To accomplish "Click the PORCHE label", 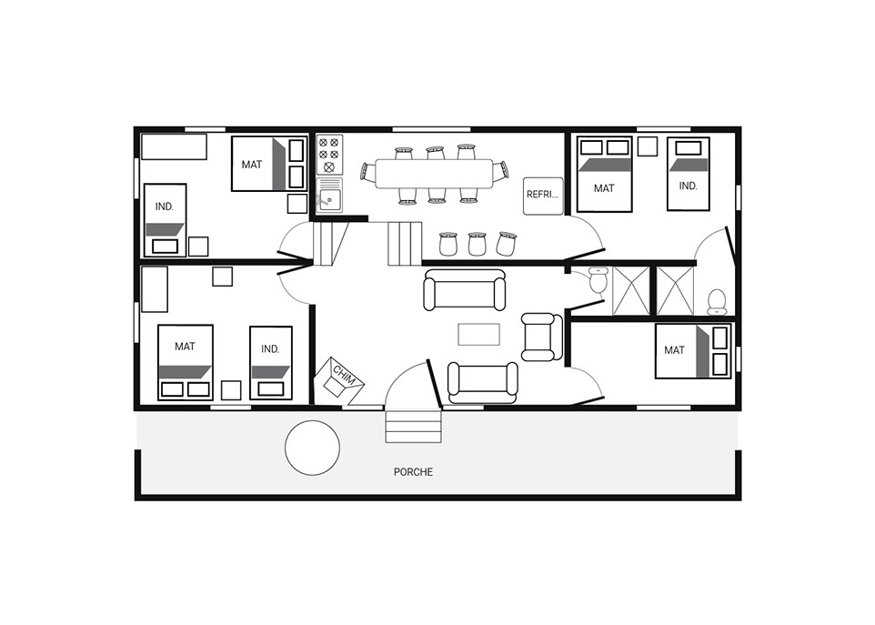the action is click(413, 472).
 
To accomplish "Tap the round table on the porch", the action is click(313, 448).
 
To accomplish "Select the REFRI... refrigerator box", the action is click(543, 196).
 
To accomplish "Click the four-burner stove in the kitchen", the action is click(329, 154).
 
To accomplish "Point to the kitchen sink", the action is click(330, 196).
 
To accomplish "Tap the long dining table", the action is click(434, 174).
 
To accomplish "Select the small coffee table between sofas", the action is click(478, 334).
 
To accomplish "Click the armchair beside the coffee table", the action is click(542, 337).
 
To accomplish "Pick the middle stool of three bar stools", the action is click(477, 244).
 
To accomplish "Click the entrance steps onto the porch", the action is click(414, 426).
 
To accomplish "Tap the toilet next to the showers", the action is click(598, 280).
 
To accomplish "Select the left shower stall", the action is click(631, 291).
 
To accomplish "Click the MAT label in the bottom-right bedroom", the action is click(674, 350).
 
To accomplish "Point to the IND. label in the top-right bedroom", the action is click(688, 186).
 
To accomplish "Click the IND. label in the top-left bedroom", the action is click(164, 207).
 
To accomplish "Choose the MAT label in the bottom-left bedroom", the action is click(185, 347).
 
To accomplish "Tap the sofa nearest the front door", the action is click(483, 383).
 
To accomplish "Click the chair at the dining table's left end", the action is click(367, 172).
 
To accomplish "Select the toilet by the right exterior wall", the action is click(716, 302).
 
